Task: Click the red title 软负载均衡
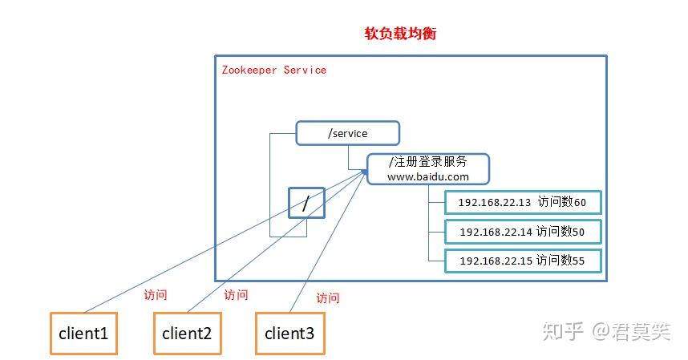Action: click(400, 34)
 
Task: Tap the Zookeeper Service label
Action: click(273, 70)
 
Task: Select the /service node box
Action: click(347, 133)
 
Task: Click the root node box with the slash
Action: click(306, 204)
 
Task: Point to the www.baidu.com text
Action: click(427, 176)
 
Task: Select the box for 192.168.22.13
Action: click(522, 202)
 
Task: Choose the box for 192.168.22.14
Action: click(522, 232)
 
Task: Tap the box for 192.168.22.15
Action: click(522, 261)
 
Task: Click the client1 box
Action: click(83, 333)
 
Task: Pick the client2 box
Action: click(187, 333)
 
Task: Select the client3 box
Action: click(290, 333)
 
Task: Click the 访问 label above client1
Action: click(155, 294)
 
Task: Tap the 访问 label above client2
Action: click(236, 295)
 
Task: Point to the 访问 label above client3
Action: click(327, 297)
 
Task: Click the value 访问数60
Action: click(562, 202)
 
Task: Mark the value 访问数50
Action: click(561, 232)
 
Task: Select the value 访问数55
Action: click(562, 261)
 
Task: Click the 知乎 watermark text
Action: click(563, 331)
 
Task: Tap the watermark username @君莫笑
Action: click(631, 331)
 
